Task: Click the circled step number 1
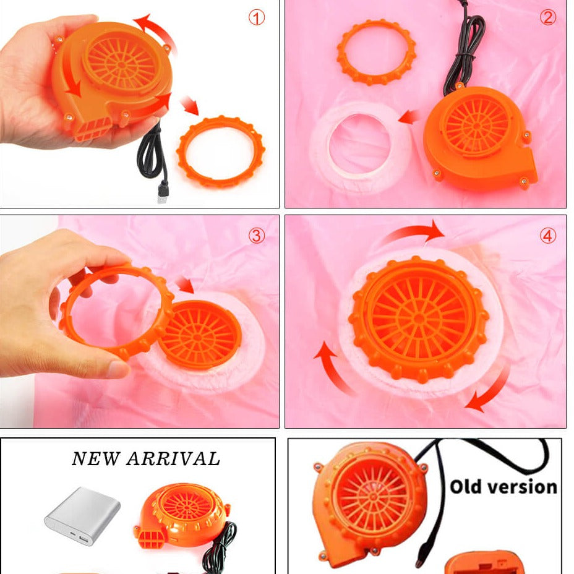click(256, 17)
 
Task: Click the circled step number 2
click(547, 17)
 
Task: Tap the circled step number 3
click(256, 236)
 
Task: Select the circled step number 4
click(547, 236)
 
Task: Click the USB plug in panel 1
click(162, 193)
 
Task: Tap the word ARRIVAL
click(173, 459)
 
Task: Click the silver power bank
click(82, 515)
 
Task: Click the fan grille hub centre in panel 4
click(419, 318)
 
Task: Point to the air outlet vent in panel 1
click(93, 130)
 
